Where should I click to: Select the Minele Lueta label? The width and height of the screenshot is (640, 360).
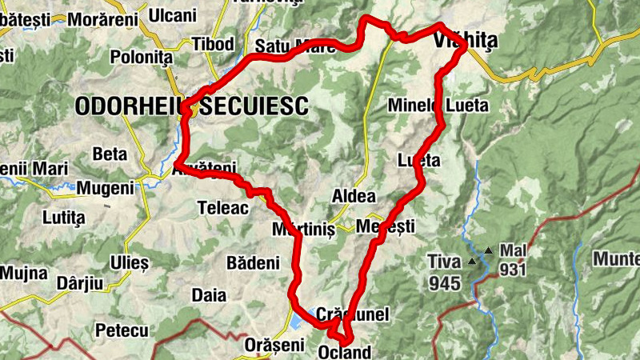coord(437,105)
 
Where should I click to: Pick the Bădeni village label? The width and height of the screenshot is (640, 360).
coord(253,262)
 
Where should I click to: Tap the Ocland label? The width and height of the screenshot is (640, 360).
coord(345,352)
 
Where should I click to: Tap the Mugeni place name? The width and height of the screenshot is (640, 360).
coord(105,189)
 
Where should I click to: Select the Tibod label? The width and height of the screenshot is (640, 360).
coord(213,43)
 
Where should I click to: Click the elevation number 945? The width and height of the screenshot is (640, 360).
coord(444,283)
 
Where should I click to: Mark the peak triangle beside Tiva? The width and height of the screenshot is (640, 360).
coord(472,261)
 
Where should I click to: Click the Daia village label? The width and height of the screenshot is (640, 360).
coord(210,295)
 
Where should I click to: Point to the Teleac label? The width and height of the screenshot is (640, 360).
coord(218,208)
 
